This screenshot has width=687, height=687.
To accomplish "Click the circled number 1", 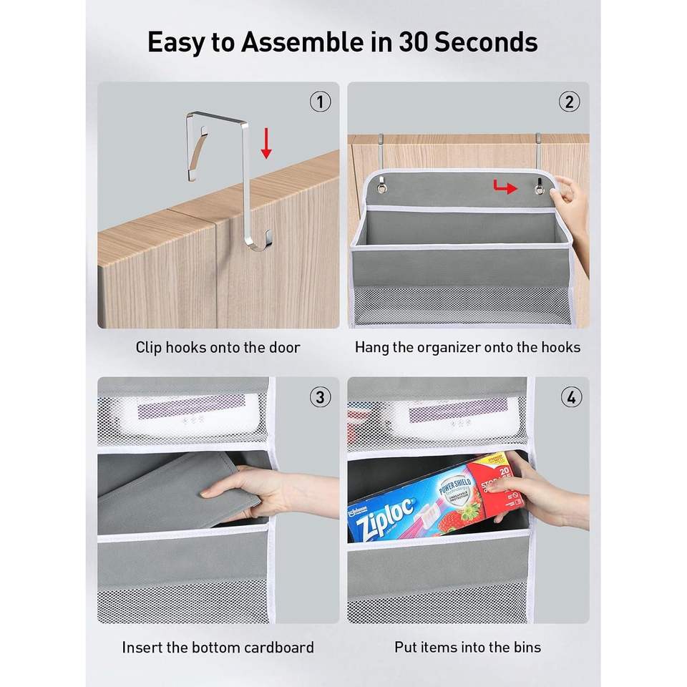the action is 321,102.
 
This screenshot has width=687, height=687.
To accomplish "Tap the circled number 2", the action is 569,102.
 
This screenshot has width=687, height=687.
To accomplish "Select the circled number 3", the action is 321,397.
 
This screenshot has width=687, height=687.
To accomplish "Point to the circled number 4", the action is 571,397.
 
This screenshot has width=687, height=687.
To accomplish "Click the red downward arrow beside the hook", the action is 266,143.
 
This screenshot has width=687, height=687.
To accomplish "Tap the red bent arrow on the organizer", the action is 505,187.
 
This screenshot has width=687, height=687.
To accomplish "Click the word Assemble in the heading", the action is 302,42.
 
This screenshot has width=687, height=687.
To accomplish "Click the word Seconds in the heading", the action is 485,42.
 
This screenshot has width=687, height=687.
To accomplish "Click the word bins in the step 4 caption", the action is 527,647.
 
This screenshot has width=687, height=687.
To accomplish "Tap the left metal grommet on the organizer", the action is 382,187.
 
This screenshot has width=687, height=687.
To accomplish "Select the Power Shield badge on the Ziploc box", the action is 456,489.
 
